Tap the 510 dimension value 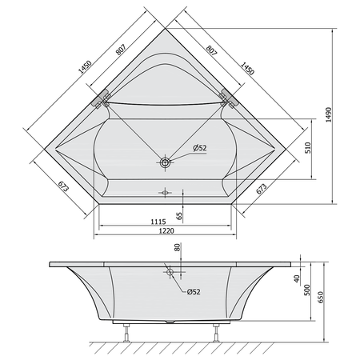tap(307, 147)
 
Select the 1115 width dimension tap(158, 222)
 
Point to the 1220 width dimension tap(166, 230)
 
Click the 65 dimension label tap(179, 216)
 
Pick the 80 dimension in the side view tap(178, 247)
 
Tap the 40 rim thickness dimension tap(297, 278)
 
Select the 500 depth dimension tap(307, 290)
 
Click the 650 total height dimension tap(320, 297)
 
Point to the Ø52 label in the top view tap(200, 148)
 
